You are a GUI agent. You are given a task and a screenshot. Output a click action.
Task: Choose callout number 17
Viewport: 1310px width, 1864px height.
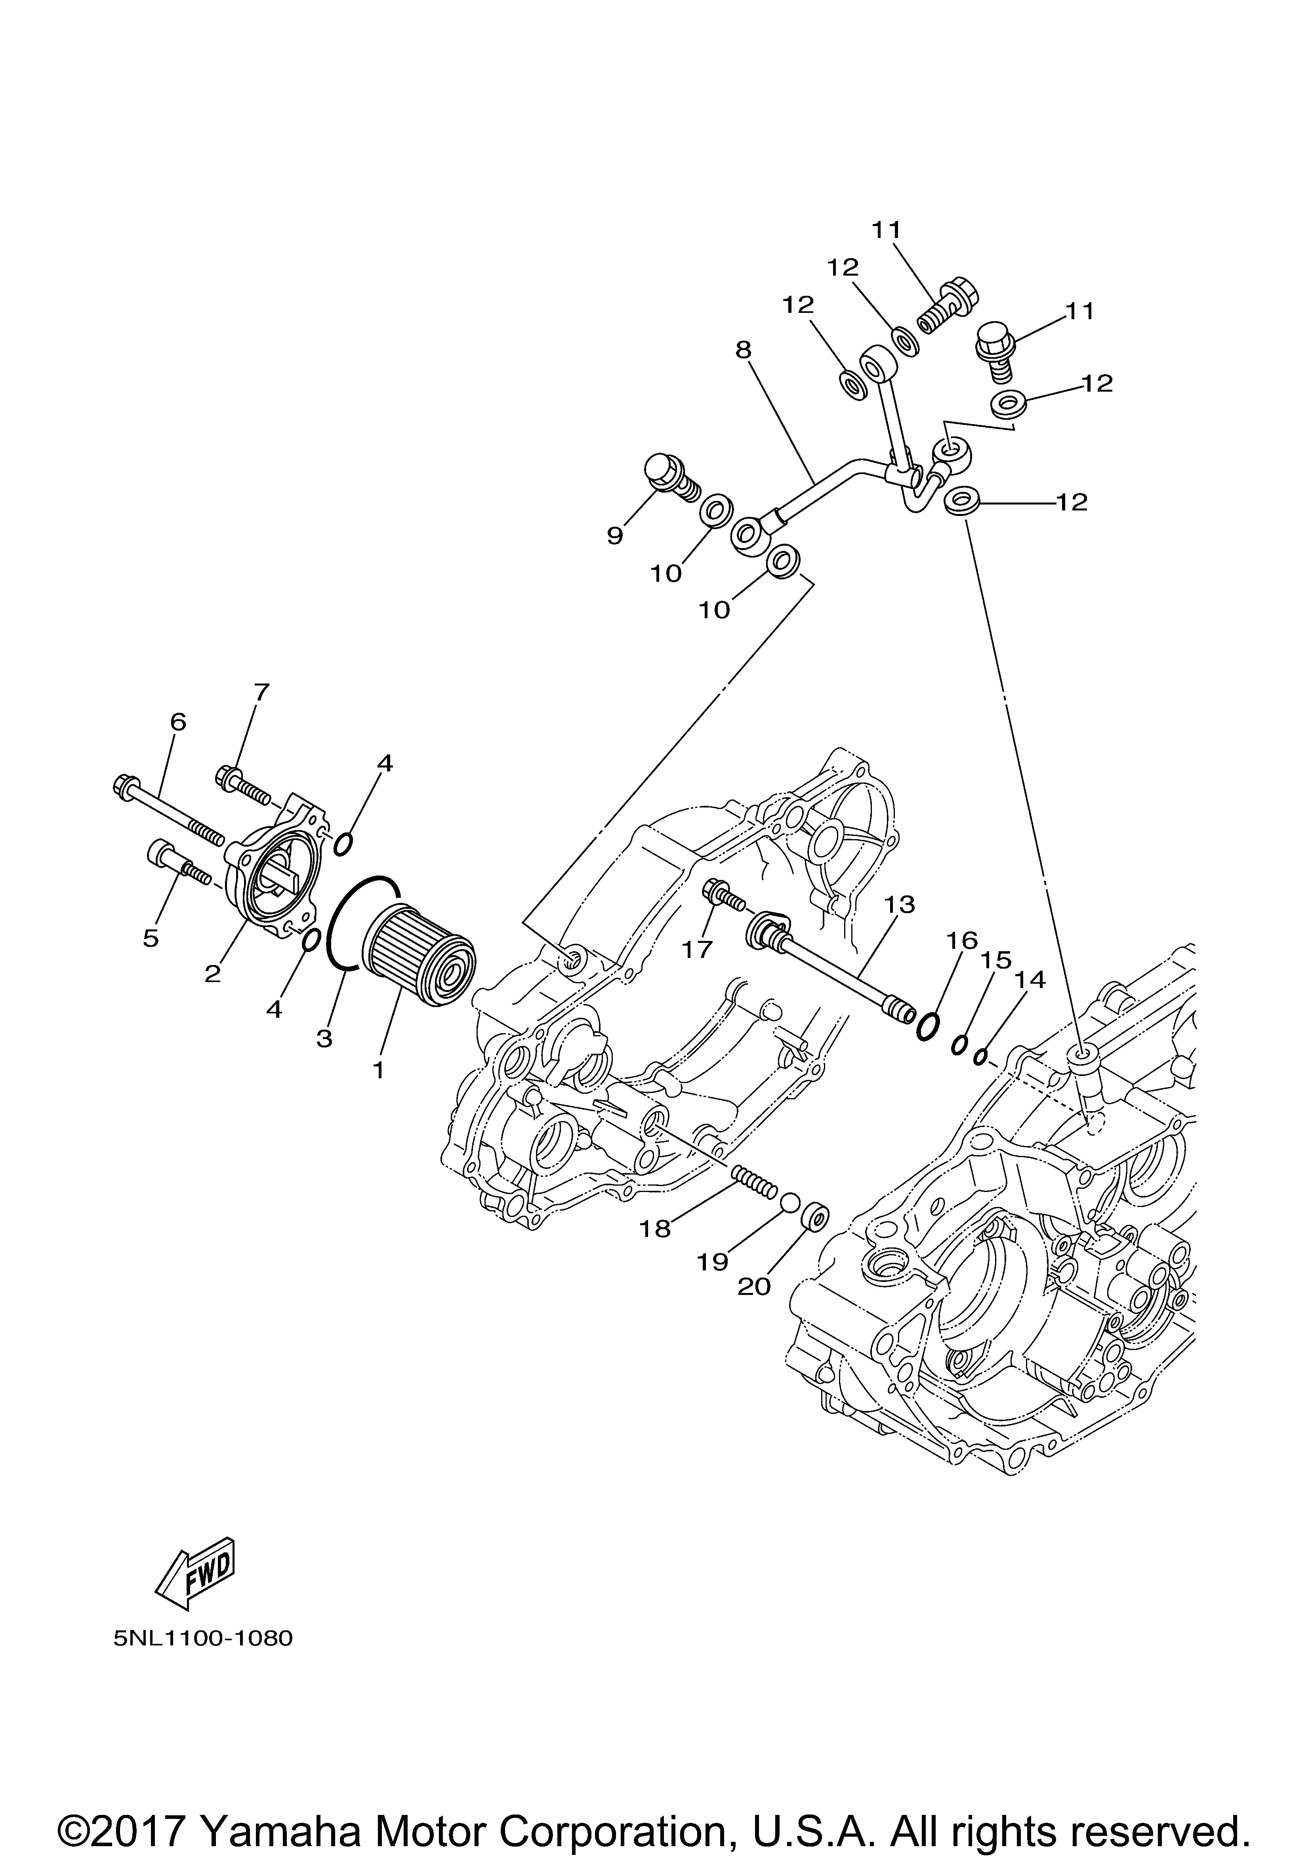pos(697,948)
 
